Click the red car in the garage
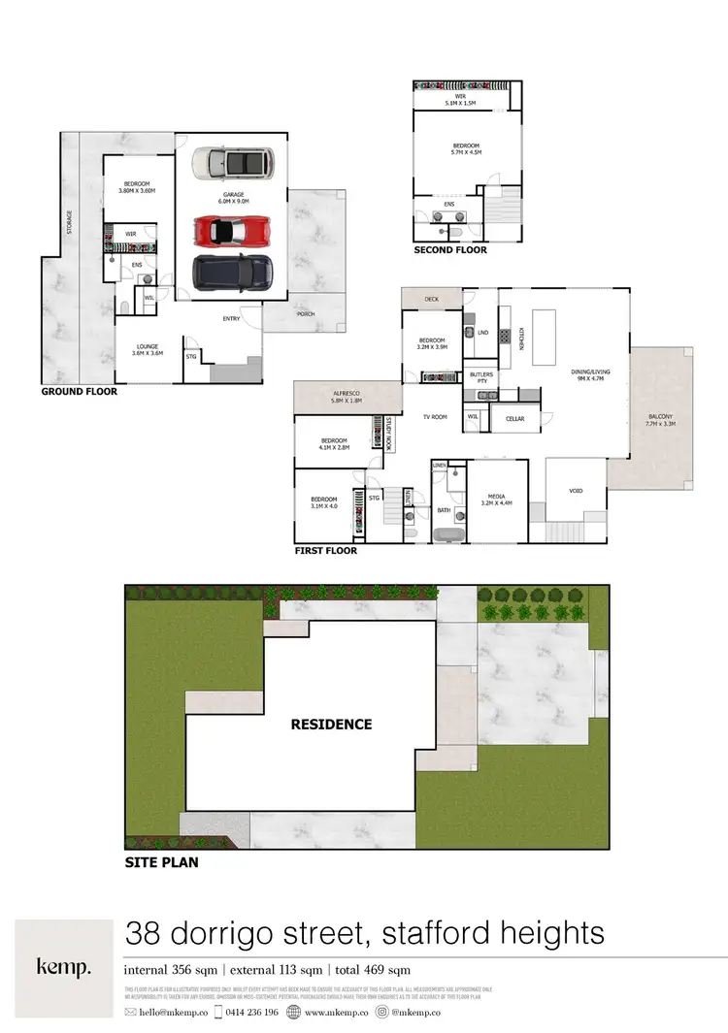232,231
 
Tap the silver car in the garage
232,163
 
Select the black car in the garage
232,273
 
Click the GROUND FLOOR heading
79,392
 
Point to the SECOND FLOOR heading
450,250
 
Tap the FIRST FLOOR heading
325,551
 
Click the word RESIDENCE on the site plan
332,724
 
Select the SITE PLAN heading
161,861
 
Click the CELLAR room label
514,418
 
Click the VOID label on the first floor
575,491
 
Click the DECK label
431,300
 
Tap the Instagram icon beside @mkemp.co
383,1012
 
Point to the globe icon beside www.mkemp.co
294,1012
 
